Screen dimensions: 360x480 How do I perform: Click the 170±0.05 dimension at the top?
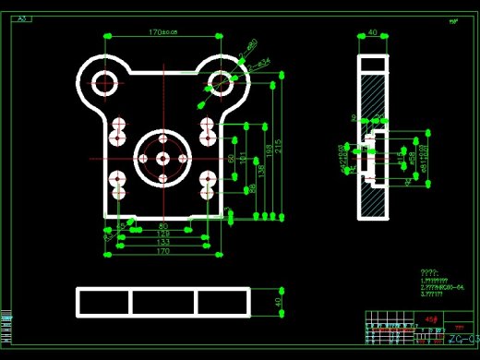162,31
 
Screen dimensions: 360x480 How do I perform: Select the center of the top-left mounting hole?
104,83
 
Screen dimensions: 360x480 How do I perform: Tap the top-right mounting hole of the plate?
222,83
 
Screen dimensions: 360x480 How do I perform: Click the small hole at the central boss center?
162,159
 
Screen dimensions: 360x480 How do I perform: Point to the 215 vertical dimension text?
278,145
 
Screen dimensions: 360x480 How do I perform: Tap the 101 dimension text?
243,159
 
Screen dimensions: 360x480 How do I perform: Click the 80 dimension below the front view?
163,225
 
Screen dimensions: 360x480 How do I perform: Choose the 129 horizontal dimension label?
163,234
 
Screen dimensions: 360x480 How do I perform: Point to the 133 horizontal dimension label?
163,242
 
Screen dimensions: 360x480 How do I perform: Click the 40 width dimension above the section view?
372,32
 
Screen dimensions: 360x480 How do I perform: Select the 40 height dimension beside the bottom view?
279,302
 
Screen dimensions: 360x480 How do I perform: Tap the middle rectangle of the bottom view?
162,302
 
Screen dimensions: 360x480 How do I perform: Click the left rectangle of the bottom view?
104,302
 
